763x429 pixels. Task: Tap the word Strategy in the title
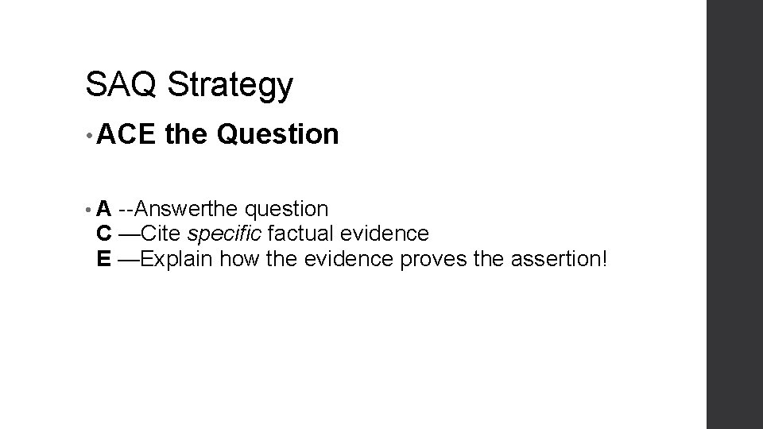[x=230, y=87]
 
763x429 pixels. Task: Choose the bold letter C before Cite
[x=104, y=234]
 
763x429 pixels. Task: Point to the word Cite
[x=162, y=234]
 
